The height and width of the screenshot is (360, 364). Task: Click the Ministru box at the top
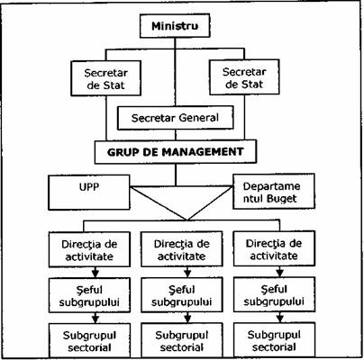pos(175,26)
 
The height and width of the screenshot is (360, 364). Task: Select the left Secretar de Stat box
pos(106,78)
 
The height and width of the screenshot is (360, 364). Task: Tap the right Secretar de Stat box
pos(244,77)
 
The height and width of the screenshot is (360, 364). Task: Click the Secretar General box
pos(176,118)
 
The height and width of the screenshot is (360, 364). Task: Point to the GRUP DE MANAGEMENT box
pos(176,151)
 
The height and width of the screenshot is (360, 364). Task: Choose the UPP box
pos(89,193)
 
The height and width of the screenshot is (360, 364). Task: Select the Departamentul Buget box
pos(274,191)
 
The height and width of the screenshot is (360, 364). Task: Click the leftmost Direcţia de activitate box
pos(89,249)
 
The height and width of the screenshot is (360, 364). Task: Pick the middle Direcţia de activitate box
pos(182,249)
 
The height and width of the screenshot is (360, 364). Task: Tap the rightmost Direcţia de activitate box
pos(274,248)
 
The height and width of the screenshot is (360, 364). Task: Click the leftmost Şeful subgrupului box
pos(89,295)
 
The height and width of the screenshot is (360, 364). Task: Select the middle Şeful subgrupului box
pos(182,295)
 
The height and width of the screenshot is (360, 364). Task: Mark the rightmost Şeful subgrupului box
pos(274,294)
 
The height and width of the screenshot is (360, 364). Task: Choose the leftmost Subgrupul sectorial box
pos(89,341)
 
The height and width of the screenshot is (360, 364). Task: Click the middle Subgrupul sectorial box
pos(182,340)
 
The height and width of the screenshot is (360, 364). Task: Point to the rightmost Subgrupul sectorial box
pos(274,340)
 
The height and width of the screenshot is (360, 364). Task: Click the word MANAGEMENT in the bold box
pos(203,152)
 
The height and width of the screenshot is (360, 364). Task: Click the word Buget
pos(278,199)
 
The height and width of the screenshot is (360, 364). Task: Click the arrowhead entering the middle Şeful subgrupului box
pos(187,274)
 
